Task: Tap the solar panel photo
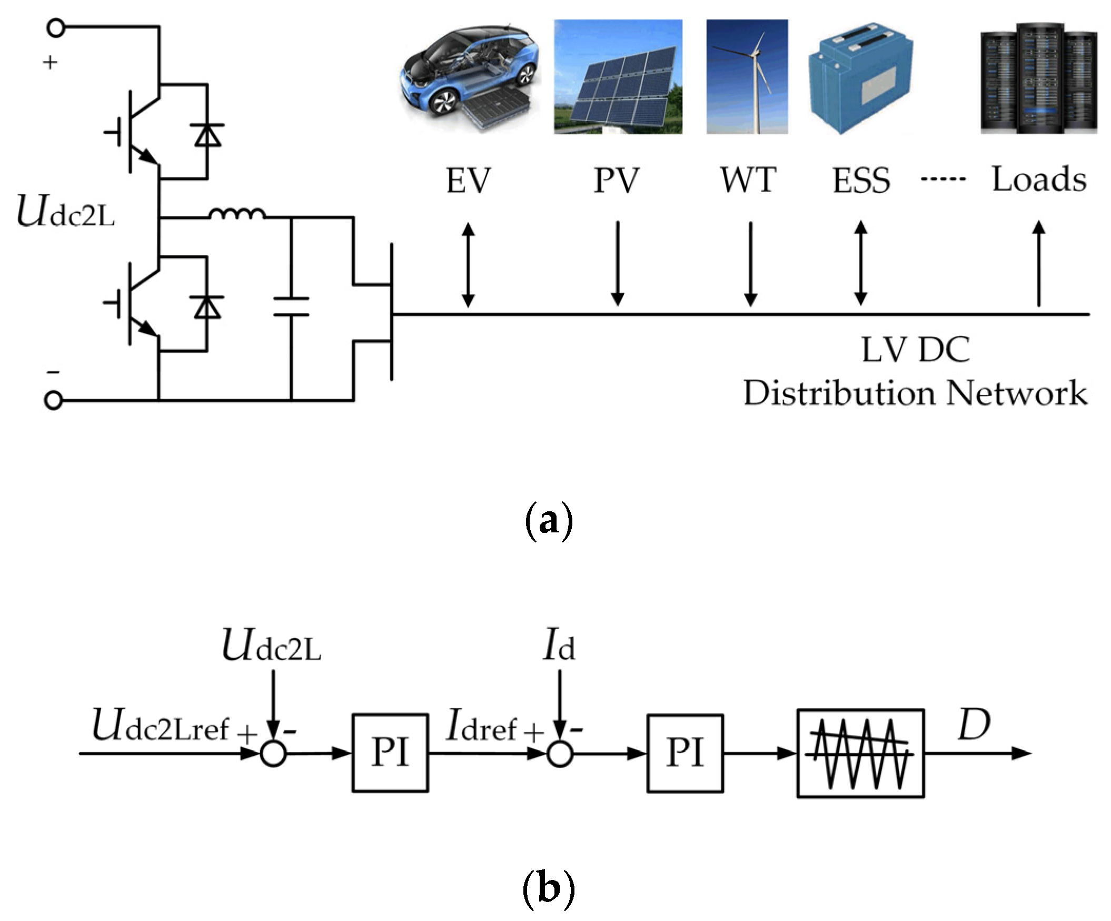(x=618, y=77)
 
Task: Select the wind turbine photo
(x=747, y=77)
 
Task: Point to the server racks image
(x=1038, y=78)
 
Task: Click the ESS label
(x=861, y=181)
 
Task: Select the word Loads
(x=1039, y=179)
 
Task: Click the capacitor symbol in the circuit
(x=291, y=307)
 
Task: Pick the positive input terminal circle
(x=56, y=27)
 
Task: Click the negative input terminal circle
(x=53, y=400)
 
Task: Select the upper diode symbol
(x=207, y=135)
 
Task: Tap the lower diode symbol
(x=207, y=307)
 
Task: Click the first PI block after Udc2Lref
(x=390, y=753)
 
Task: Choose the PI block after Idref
(x=685, y=753)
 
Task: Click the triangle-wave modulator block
(x=861, y=754)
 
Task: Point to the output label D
(x=974, y=724)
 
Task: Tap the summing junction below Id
(x=560, y=754)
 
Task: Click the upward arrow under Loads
(x=1039, y=263)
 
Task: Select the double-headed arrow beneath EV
(x=468, y=264)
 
